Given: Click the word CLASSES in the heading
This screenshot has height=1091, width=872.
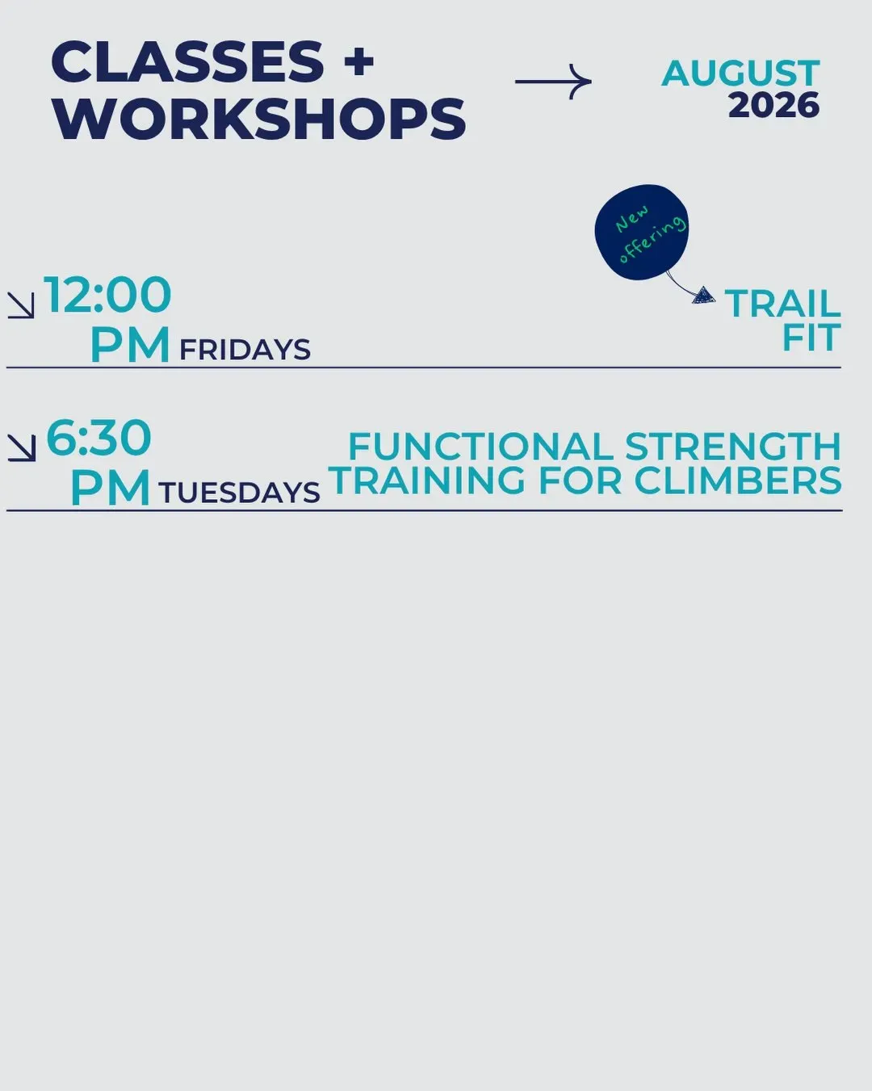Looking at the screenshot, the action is click(187, 61).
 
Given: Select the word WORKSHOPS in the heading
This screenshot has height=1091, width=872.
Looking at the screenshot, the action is click(259, 120).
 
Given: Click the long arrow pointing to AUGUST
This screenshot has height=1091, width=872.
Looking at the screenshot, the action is click(553, 82).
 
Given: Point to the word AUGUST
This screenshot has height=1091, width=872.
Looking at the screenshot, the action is click(740, 73).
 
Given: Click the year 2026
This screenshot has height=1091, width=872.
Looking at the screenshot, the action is click(773, 106).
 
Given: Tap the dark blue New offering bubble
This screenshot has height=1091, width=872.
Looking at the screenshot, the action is click(642, 233).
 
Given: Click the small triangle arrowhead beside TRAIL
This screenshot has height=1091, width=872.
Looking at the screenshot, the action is click(703, 296).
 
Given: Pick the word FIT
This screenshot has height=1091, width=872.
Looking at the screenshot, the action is click(811, 338).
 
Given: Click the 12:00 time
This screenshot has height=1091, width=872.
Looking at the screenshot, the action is click(107, 295).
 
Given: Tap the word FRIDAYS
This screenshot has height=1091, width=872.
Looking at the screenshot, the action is click(245, 350).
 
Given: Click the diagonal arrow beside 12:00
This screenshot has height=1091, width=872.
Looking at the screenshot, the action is click(21, 305).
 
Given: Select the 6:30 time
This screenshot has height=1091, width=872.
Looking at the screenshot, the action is click(99, 438).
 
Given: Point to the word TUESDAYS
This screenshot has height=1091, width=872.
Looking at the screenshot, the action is click(239, 493).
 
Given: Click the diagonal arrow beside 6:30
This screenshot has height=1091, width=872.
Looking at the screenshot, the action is click(22, 448).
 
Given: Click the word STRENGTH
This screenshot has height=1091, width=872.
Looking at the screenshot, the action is click(733, 447).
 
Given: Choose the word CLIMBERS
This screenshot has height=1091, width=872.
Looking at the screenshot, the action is click(738, 480).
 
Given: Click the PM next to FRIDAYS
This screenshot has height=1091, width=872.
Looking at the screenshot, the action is click(130, 345).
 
